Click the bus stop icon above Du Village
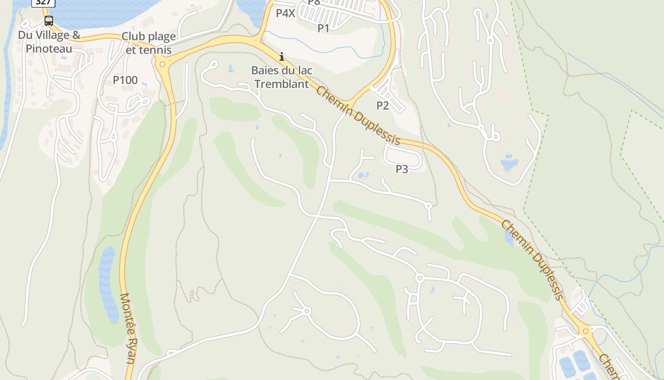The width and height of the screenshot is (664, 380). click(x=48, y=21)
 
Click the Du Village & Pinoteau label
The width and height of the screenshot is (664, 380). click(x=49, y=42)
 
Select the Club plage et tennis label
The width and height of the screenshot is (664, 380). click(x=148, y=43)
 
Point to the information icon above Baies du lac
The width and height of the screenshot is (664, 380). click(x=282, y=57)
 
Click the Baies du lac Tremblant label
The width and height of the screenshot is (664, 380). click(x=282, y=77)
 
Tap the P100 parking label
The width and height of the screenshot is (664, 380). click(x=125, y=80)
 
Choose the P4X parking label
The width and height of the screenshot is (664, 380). click(x=286, y=13)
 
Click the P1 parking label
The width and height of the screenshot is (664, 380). click(x=323, y=28)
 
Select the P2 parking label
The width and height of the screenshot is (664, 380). click(x=383, y=105)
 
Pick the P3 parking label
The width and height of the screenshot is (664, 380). click(x=402, y=169)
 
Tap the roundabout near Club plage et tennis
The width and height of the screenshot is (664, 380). click(x=163, y=63)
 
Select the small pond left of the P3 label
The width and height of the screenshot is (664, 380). click(x=363, y=175)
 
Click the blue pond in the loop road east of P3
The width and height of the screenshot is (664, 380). click(x=509, y=163)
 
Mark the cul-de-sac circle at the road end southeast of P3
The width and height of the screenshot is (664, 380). click(x=428, y=206)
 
